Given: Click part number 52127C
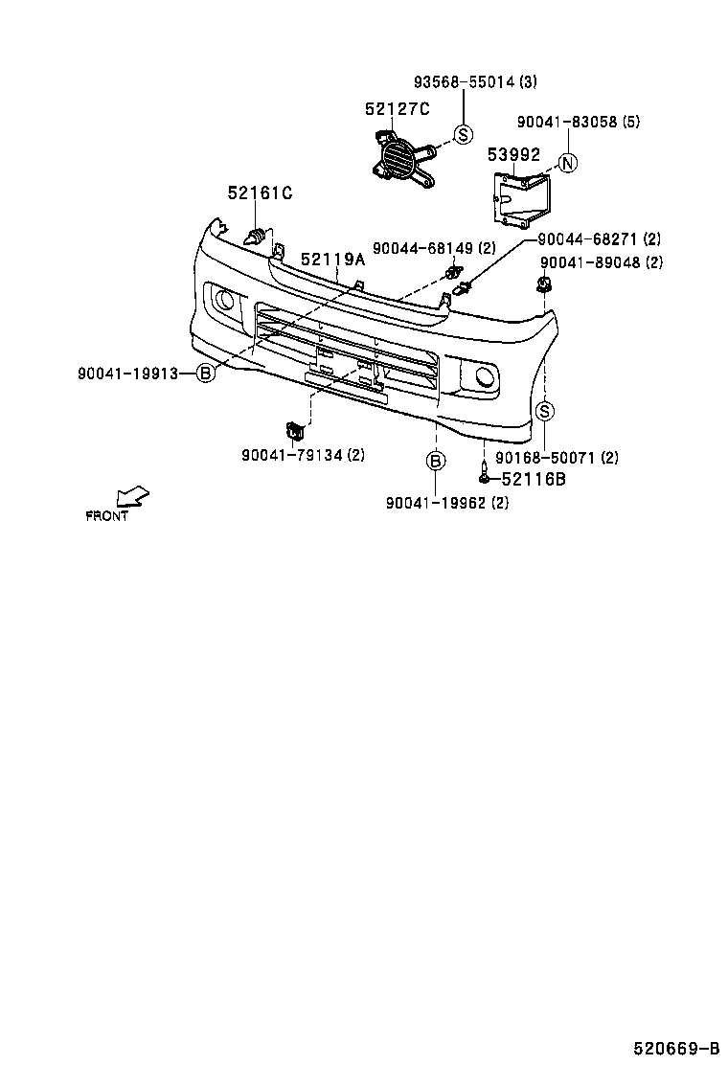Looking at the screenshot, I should click(396, 110).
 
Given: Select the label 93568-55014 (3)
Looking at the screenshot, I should click(462, 83).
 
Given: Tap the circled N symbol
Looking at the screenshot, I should click(567, 163).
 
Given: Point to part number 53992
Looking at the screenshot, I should click(513, 154).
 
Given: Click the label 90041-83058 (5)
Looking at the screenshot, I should click(578, 123).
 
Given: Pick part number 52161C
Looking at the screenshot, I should click(260, 193).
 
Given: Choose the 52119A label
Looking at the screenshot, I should click(333, 260).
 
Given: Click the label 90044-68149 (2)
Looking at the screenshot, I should click(434, 248).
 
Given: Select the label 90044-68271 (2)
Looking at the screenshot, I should click(599, 239).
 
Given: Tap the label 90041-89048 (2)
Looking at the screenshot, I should click(601, 262).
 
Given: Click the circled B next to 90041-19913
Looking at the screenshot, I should click(205, 374).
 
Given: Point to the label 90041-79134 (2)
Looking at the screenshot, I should click(303, 455).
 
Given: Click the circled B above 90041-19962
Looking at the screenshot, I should click(435, 462).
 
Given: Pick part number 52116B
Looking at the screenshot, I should click(534, 478).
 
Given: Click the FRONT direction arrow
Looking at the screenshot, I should click(131, 496).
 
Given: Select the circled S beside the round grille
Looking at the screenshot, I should click(463, 134).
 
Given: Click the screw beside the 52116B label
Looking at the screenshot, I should click(486, 473).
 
